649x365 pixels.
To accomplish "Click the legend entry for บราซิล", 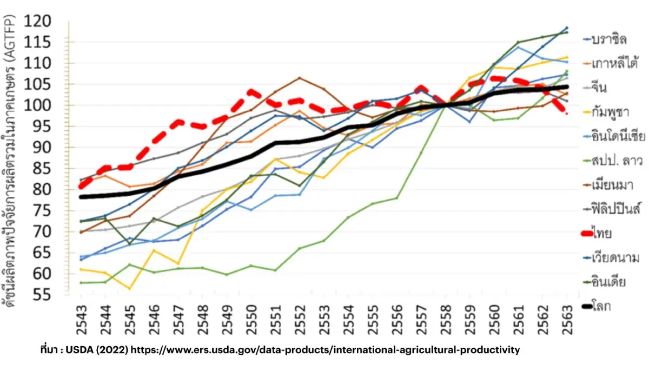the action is coord(605,39).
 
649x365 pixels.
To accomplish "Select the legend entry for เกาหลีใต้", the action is coord(611,63).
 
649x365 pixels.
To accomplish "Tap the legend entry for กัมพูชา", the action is coord(606,112).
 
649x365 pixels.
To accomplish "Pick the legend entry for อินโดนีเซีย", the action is coord(614,136).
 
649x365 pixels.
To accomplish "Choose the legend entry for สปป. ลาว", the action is coord(613,161).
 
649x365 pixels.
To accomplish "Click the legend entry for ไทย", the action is coord(597,234).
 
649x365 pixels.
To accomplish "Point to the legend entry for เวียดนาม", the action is coord(611,257).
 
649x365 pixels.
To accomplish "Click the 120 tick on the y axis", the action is coord(37,21).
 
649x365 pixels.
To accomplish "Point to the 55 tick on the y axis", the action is coord(42,295).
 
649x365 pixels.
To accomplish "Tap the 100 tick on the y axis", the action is coord(37,105).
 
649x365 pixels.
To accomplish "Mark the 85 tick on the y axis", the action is coord(42,169).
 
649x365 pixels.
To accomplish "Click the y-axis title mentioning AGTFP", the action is coord(9,161).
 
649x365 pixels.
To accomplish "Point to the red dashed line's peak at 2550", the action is coord(251,92).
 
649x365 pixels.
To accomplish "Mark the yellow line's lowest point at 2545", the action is coord(129,289).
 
